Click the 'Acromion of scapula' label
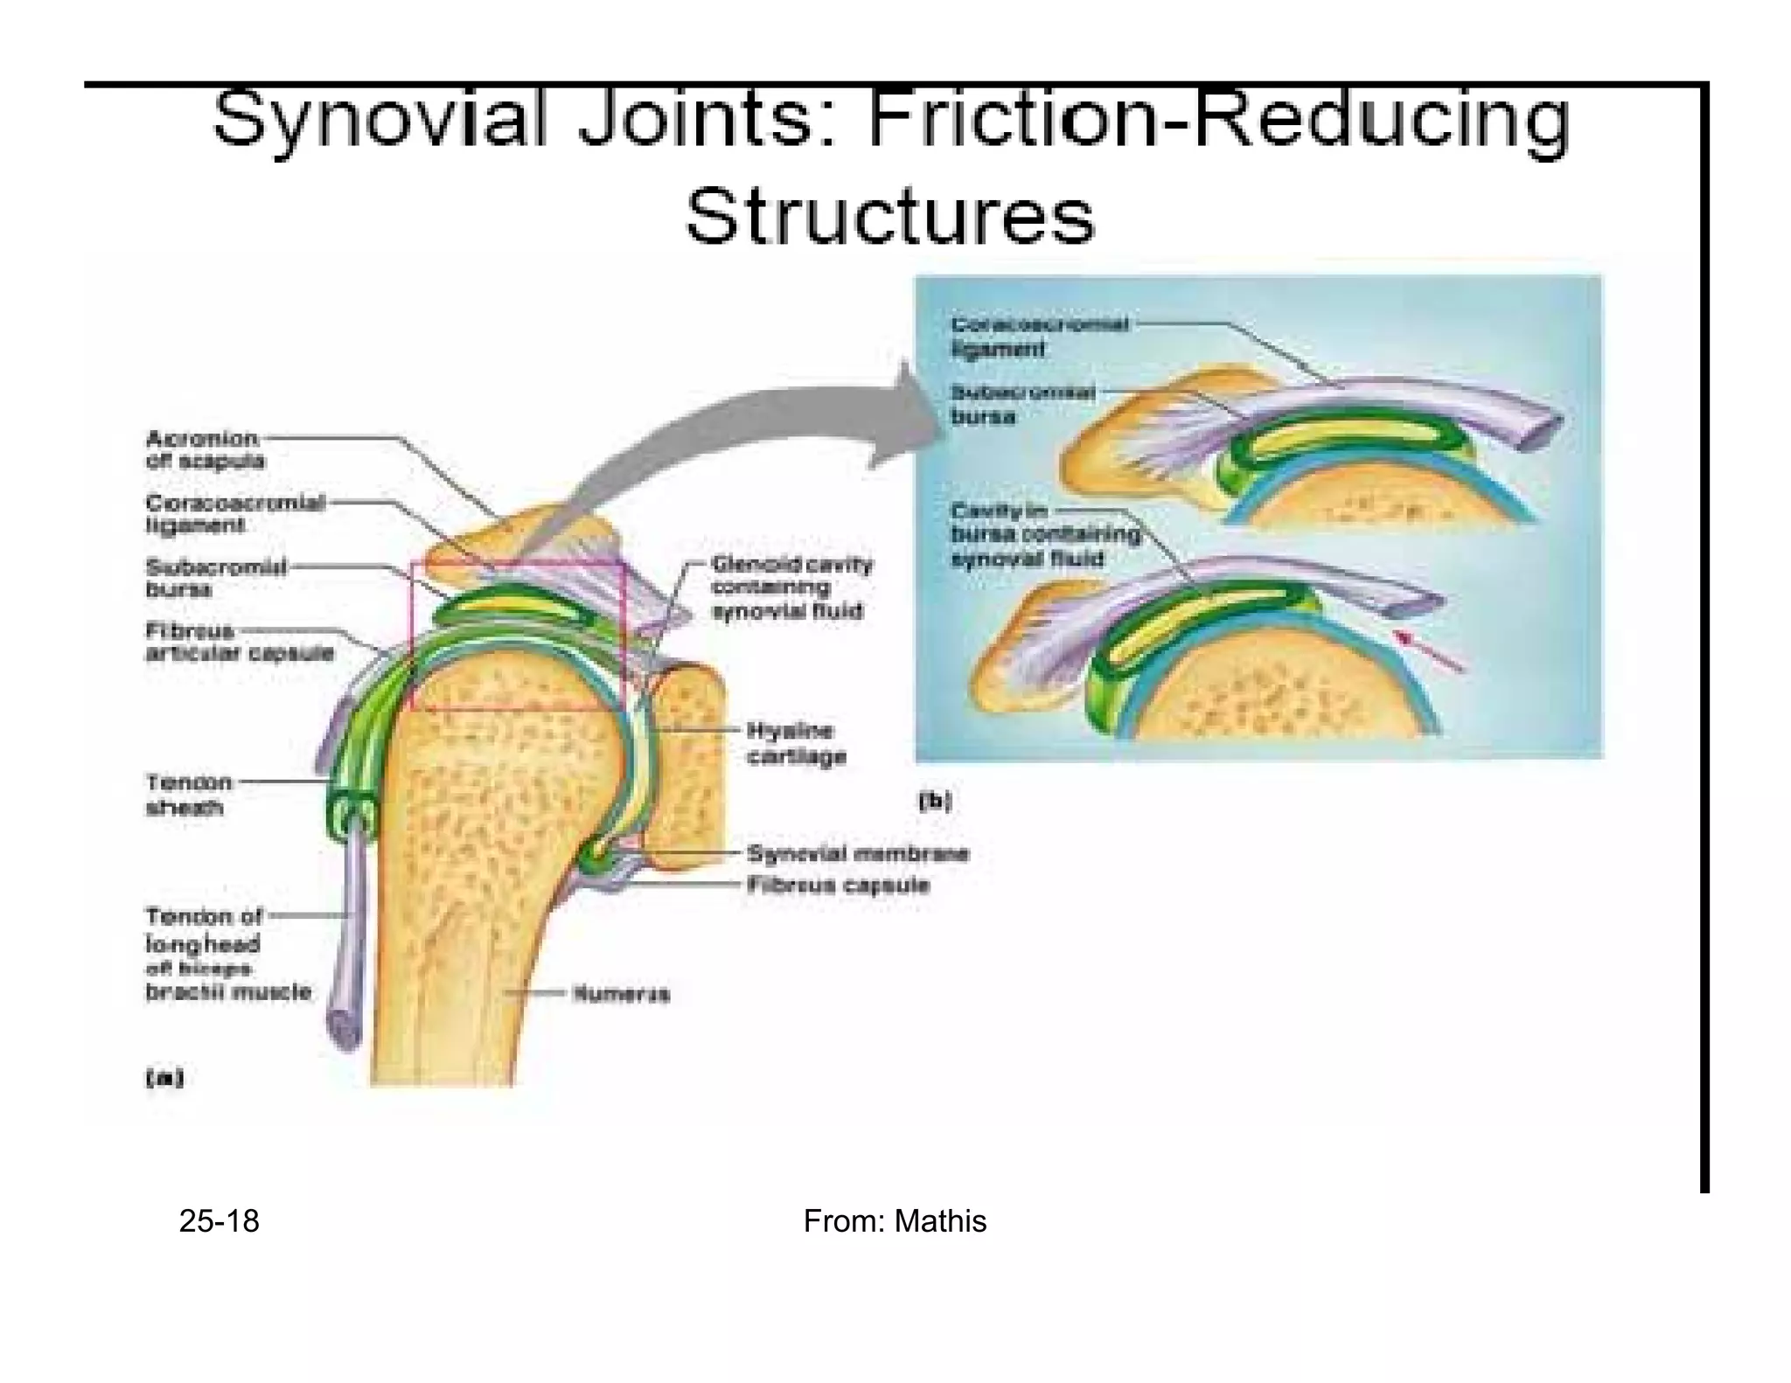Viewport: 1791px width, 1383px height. click(205, 449)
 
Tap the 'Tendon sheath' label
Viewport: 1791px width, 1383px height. click(188, 795)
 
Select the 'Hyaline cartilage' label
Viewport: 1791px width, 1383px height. click(796, 743)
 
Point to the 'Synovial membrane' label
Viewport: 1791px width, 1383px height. click(857, 853)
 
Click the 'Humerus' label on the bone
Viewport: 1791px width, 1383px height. click(621, 994)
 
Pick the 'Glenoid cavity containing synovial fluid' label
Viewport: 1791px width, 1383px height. click(791, 587)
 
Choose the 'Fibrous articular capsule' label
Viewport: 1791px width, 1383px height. click(238, 642)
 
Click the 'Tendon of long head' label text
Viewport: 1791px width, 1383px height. click(203, 930)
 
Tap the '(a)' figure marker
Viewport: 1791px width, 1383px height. click(164, 1078)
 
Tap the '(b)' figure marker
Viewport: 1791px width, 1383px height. click(934, 801)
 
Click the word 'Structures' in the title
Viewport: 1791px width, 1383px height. click(889, 216)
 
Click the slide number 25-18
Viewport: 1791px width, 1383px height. click(219, 1221)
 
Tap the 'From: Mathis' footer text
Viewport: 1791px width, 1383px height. click(895, 1221)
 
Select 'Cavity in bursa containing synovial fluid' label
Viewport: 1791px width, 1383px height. click(1045, 534)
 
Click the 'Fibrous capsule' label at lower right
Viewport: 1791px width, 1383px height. click(837, 885)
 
